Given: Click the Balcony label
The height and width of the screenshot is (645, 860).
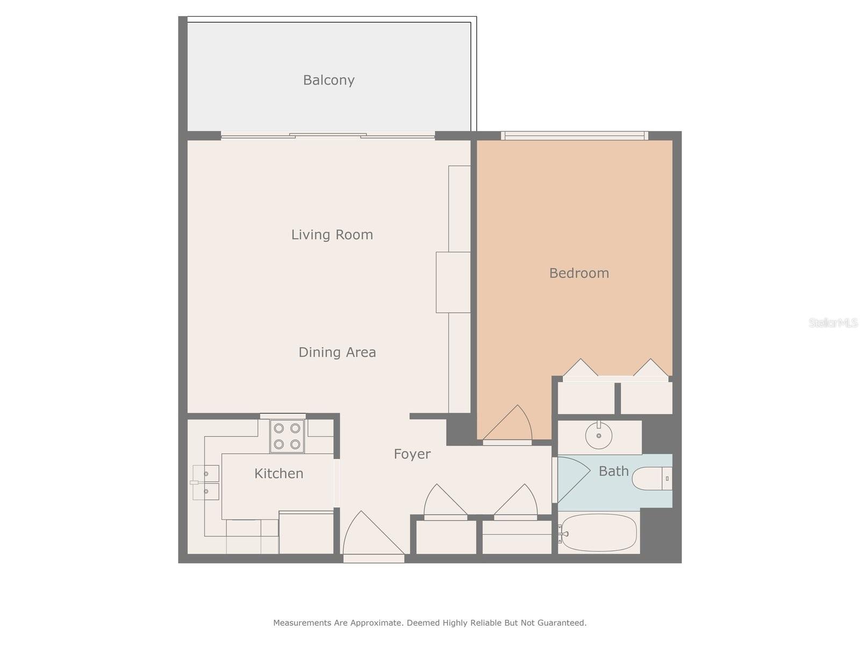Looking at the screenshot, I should pos(328,80).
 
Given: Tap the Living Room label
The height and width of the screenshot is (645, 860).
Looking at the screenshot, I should pos(332,234).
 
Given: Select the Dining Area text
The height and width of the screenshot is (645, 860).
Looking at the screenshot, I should pos(337,352).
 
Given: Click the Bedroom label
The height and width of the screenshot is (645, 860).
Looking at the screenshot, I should pos(579,273).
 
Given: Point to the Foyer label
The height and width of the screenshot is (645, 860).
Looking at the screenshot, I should pos(412,454).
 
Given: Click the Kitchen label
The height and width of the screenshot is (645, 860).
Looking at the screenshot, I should pos(278,474).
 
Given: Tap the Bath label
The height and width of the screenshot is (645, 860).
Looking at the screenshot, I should pos(613,471).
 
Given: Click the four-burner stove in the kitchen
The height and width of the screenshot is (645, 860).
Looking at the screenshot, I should pos(287,436).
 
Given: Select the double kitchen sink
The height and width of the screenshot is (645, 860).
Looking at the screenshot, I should pos(206,482).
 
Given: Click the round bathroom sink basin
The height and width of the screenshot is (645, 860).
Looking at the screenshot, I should pos(598,435).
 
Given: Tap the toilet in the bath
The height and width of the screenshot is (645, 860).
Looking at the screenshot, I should pos(651,478).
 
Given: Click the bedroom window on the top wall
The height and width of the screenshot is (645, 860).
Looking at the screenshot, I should pos(574,136).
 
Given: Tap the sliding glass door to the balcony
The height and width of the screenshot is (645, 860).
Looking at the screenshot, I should pos(328,136).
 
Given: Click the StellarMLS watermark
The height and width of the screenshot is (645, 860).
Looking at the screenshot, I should pos(833,323).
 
